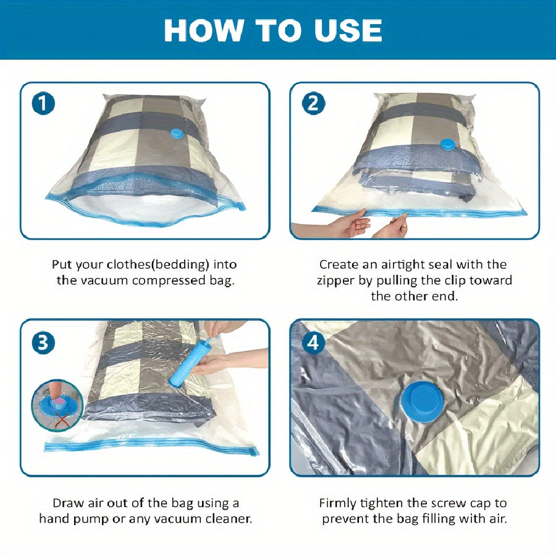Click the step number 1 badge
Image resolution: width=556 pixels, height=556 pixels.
[43, 103]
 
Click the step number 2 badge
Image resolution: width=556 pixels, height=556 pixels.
[313, 103]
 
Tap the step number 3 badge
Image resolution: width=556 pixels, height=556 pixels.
[43, 343]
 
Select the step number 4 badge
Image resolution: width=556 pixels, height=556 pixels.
[313, 343]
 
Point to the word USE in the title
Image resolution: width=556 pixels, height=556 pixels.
[349, 30]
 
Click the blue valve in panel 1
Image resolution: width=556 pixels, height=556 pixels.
[177, 135]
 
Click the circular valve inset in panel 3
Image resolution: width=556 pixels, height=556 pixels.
[57, 405]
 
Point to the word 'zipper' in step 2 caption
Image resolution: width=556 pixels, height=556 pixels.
[337, 280]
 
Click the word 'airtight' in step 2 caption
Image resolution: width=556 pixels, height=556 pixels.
[398, 264]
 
